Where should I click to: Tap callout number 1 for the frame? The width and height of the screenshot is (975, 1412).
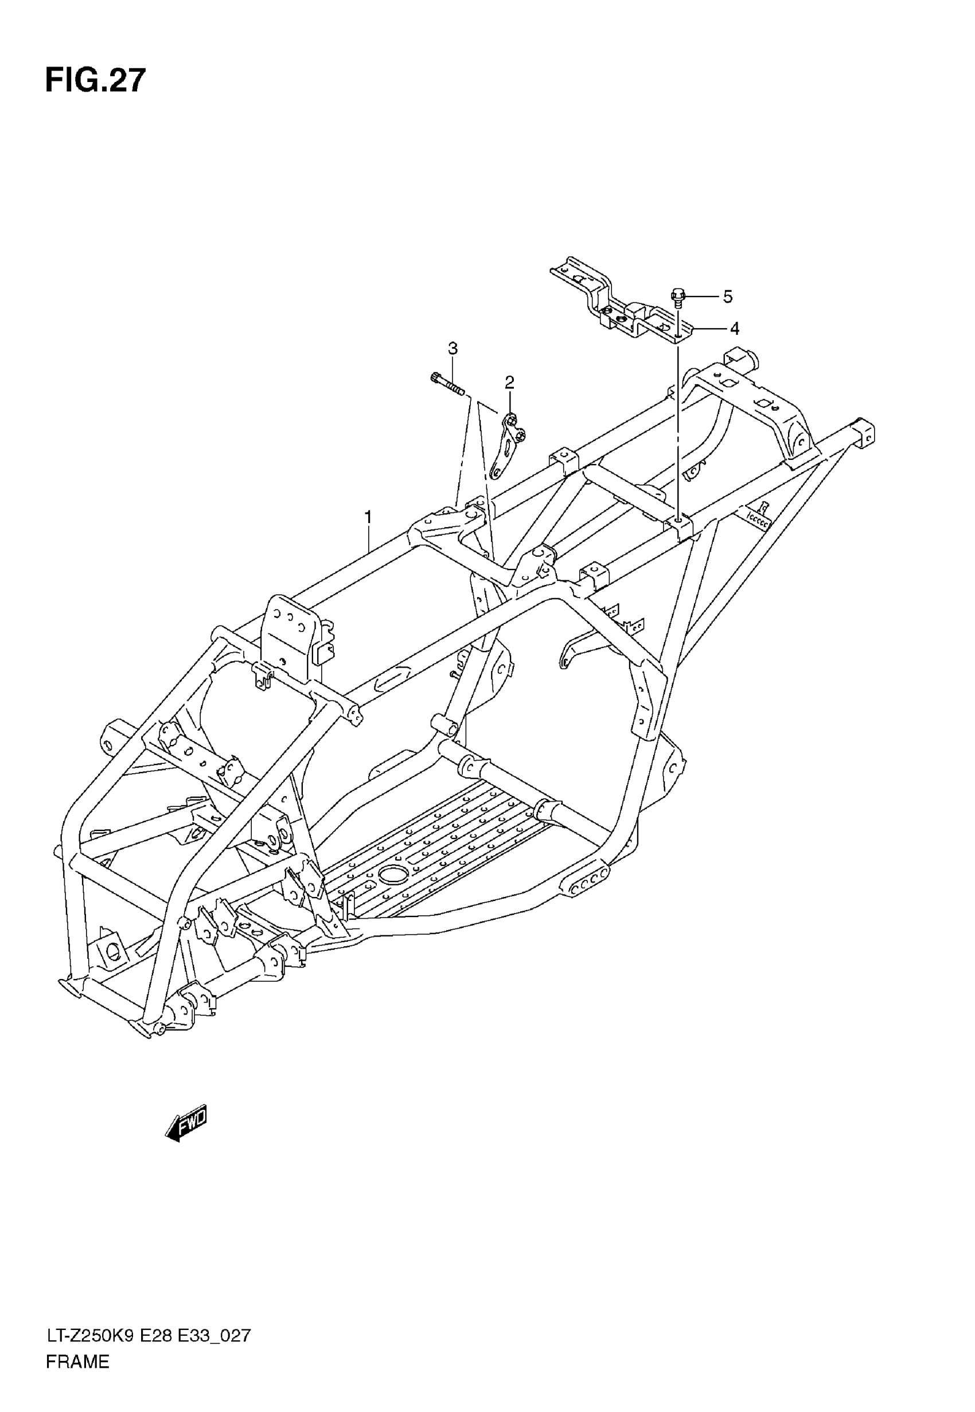368,517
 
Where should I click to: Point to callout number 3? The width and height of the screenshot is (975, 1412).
452,348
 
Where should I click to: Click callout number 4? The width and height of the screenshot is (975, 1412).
734,329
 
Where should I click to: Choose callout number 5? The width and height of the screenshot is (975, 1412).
727,297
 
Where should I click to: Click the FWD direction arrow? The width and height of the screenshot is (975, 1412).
186,1122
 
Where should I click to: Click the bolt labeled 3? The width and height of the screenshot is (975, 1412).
447,385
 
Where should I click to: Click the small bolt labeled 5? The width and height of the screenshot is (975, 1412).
678,298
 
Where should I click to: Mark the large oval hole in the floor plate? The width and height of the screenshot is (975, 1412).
392,874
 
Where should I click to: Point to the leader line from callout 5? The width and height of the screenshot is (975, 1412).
703,297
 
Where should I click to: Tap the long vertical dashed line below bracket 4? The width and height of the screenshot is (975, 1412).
677,427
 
